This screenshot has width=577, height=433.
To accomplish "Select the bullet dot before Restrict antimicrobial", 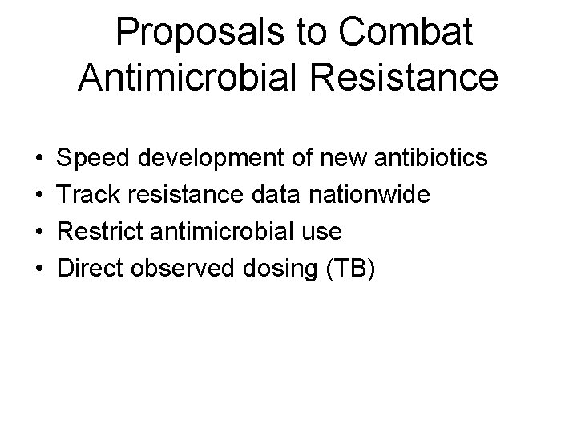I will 39,233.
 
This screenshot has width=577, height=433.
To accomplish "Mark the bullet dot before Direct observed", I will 39,269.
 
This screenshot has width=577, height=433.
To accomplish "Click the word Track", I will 89,195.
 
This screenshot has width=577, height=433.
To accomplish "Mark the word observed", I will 193,269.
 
